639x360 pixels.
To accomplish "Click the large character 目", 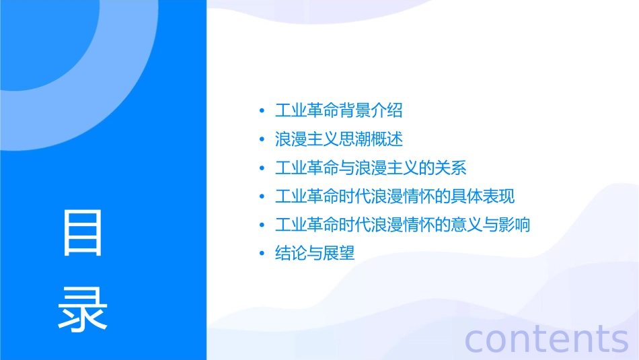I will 83,233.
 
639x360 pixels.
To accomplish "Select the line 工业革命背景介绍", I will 339,110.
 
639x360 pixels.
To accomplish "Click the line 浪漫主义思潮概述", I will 339,139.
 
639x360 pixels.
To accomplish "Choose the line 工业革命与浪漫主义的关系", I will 371,168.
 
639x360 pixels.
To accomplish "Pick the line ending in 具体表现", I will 395,196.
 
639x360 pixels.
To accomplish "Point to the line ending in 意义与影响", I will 403,225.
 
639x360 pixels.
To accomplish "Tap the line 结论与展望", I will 315,254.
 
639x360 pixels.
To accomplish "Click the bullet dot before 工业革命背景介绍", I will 262,111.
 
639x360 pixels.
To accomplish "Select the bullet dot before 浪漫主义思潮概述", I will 262,140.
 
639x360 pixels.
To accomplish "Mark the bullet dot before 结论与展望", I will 262,254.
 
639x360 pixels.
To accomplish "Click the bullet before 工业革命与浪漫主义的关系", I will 262,168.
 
